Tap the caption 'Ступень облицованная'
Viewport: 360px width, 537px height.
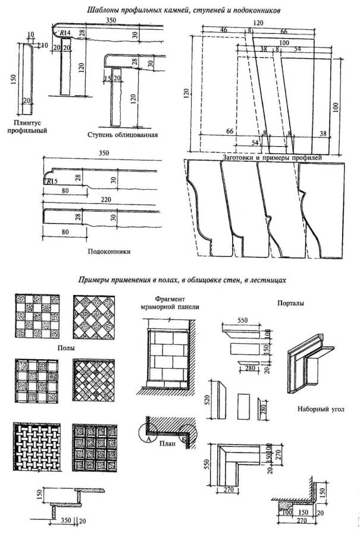point(121,134)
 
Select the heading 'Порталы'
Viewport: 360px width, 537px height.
point(289,303)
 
